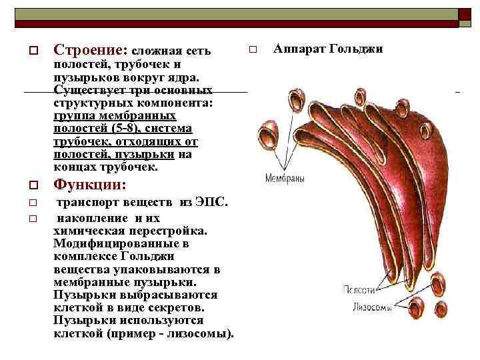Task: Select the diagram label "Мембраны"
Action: (285, 179)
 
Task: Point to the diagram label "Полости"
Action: (359, 291)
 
